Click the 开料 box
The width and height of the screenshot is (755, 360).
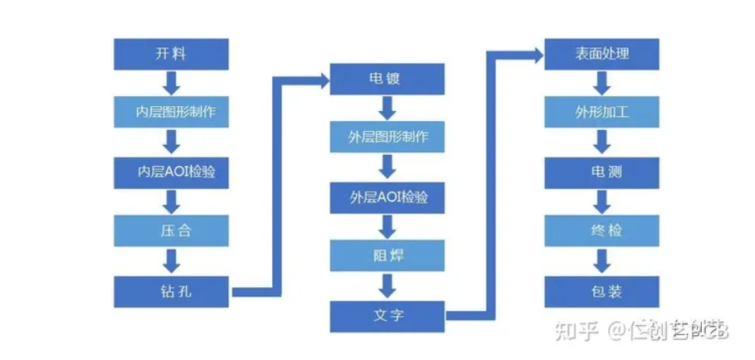[x=172, y=54]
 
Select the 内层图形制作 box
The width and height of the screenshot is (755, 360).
[x=172, y=111]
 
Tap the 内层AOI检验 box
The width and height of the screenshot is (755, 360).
[x=172, y=172]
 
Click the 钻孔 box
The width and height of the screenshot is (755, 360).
[x=172, y=291]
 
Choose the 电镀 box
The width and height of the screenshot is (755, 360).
[x=387, y=78]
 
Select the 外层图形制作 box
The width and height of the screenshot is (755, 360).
[x=387, y=135]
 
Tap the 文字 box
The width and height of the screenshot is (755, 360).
[x=387, y=315]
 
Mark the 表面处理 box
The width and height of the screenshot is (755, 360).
[x=602, y=54]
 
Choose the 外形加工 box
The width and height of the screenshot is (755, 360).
[x=602, y=111]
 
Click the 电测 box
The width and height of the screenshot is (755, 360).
[x=602, y=172]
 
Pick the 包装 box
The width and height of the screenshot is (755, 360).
[x=602, y=291]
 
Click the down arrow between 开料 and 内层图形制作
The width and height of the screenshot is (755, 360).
[x=172, y=83]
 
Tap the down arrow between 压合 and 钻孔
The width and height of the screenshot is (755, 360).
[x=172, y=261]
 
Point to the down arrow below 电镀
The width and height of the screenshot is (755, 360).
[x=387, y=107]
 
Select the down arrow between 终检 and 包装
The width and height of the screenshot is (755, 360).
[x=602, y=261]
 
